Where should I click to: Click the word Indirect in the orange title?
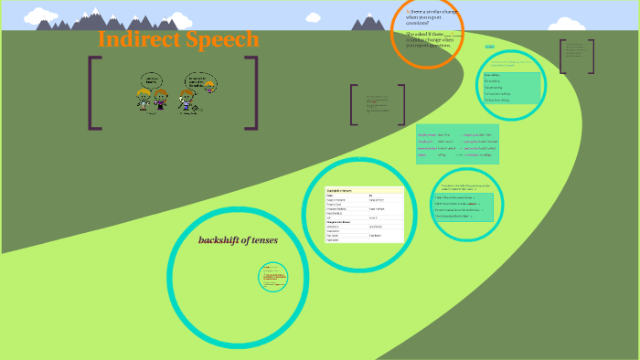pyautogui.click(x=135, y=40)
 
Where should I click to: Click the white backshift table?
pyautogui.click(x=364, y=216)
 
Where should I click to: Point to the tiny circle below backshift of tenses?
pyautogui.click(x=272, y=276)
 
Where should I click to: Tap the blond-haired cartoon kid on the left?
pyautogui.click(x=144, y=99)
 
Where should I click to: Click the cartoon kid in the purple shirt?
pyautogui.click(x=161, y=99)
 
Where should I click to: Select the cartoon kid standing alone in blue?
pyautogui.click(x=187, y=100)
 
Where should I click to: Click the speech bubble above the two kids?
pyautogui.click(x=152, y=79)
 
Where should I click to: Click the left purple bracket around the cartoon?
pyautogui.click(x=94, y=92)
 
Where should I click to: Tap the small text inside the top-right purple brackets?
pyautogui.click(x=576, y=55)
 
